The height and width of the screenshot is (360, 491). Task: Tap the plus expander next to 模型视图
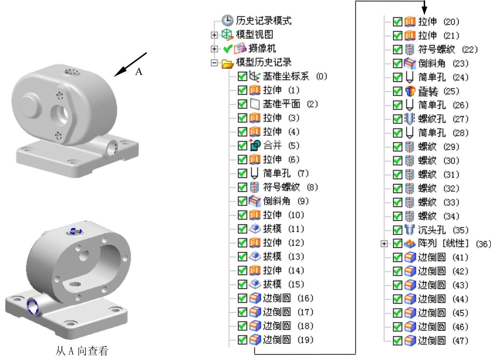pyautogui.click(x=214, y=35)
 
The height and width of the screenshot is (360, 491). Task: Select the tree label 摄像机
pyautogui.click(x=262, y=49)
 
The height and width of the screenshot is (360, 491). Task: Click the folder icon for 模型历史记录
pyautogui.click(x=227, y=63)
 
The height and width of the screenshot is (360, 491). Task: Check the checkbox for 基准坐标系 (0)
pyautogui.click(x=242, y=76)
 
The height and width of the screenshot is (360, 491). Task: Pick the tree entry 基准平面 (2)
pyautogui.click(x=290, y=104)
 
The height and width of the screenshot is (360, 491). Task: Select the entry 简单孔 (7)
pyautogui.click(x=286, y=173)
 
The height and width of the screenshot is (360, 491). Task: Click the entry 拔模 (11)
pyautogui.click(x=283, y=229)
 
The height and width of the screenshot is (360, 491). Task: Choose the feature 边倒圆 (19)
pyautogui.click(x=288, y=340)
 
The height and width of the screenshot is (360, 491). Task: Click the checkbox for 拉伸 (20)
pyautogui.click(x=397, y=22)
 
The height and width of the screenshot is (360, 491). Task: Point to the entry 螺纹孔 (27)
pyautogui.click(x=443, y=119)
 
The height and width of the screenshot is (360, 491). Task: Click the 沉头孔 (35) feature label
pyautogui.click(x=443, y=230)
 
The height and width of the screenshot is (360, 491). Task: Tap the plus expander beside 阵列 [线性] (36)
pyautogui.click(x=384, y=244)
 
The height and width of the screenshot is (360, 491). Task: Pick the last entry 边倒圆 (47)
pyautogui.click(x=443, y=340)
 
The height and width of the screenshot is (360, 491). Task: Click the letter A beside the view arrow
pyautogui.click(x=139, y=72)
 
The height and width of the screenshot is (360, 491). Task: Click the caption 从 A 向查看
pyautogui.click(x=82, y=351)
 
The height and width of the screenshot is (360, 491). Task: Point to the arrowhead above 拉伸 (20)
pyautogui.click(x=424, y=11)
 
